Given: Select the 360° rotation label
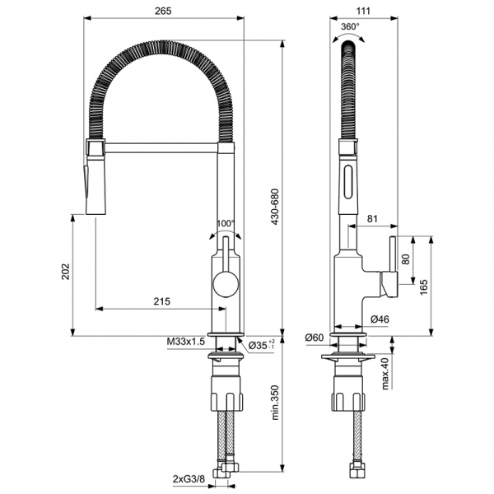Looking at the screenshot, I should [350, 26].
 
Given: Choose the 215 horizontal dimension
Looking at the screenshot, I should [161, 302].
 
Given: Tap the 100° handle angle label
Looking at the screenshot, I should [225, 224].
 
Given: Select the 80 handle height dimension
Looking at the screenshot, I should [404, 258].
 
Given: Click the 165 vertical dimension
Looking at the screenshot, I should [422, 286].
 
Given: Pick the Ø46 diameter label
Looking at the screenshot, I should [380, 319].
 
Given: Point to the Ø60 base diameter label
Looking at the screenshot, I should [314, 338].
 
